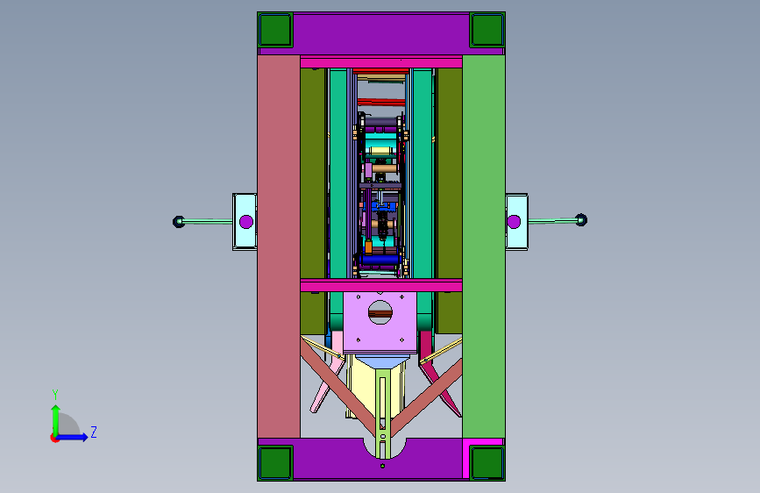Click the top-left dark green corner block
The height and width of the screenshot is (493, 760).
pos(275,30)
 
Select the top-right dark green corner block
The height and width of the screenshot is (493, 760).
pos(487,30)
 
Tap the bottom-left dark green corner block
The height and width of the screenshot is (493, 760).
pos(275,463)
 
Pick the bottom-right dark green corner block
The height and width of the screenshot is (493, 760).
pos(487,463)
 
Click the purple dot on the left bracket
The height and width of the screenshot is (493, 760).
pos(246,222)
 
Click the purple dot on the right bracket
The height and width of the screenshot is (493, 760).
pos(514,222)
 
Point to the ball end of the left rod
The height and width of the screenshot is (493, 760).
pos(178,222)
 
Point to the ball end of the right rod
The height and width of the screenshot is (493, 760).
pos(581,220)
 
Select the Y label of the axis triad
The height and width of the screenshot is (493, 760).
pos(55,395)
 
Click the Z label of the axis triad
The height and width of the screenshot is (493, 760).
pos(94,432)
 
